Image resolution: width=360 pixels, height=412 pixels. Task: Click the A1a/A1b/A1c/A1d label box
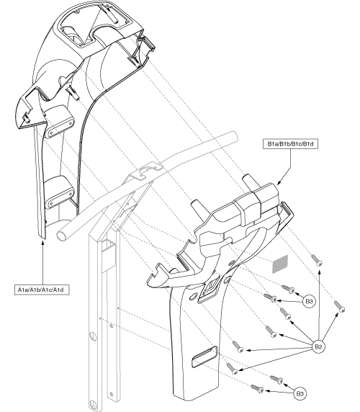pyautogui.click(x=41, y=289)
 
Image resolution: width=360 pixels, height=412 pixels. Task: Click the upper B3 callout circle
pyautogui.click(x=309, y=300)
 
